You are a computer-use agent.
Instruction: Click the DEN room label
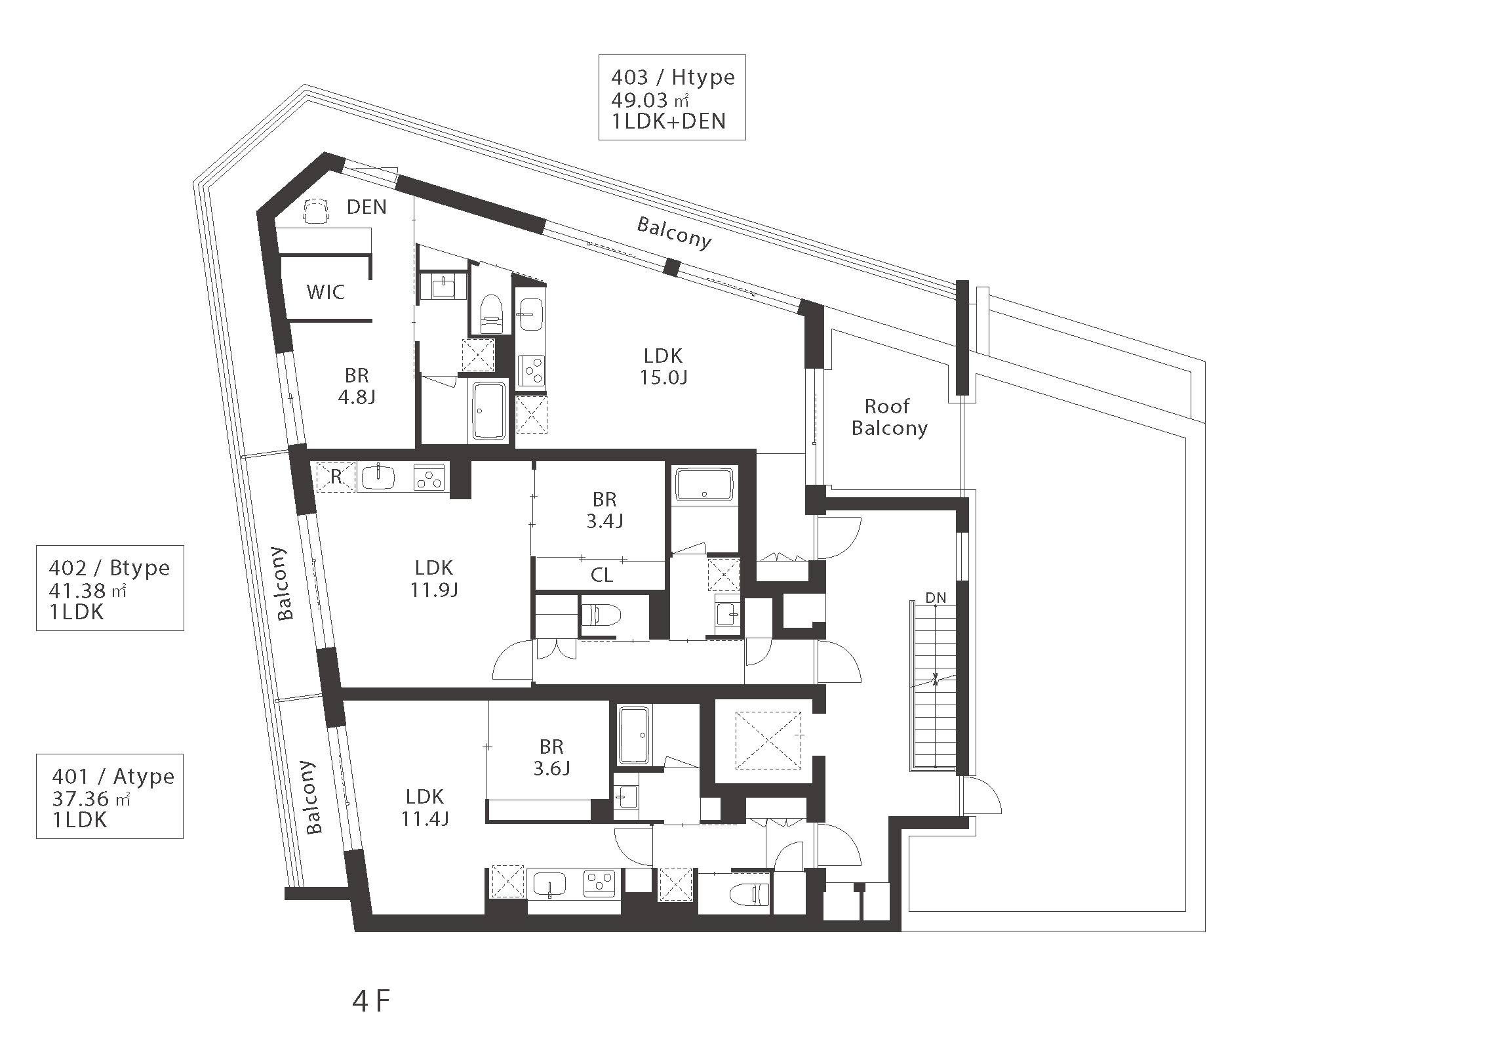[367, 207]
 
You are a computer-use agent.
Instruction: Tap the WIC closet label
[326, 292]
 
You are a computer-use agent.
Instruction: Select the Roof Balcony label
[889, 417]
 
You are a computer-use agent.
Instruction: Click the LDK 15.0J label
[664, 366]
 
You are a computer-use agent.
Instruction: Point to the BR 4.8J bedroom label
[357, 386]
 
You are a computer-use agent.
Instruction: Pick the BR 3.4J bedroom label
[604, 510]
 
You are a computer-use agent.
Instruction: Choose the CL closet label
[602, 575]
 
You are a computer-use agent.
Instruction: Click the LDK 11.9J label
[434, 579]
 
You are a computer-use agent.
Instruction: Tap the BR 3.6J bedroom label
[551, 757]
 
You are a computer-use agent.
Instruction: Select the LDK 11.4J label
[425, 808]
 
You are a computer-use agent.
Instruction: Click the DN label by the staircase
[936, 598]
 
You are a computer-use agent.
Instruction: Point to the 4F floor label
[371, 1001]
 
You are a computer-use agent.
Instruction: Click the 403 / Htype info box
[672, 97]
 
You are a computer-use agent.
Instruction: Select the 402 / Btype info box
[110, 588]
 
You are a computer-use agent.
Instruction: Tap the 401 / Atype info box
[109, 796]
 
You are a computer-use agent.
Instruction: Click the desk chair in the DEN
[316, 211]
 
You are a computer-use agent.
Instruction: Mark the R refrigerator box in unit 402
[336, 477]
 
